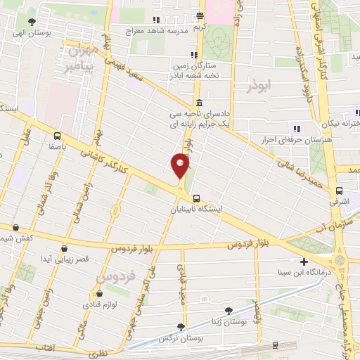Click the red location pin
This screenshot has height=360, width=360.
click(x=181, y=166)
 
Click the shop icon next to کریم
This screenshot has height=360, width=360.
click(x=200, y=16)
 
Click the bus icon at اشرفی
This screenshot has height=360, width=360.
click(x=340, y=191)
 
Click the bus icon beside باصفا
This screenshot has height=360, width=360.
click(x=57, y=136)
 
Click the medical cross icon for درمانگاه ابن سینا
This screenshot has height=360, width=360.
click(x=304, y=262)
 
